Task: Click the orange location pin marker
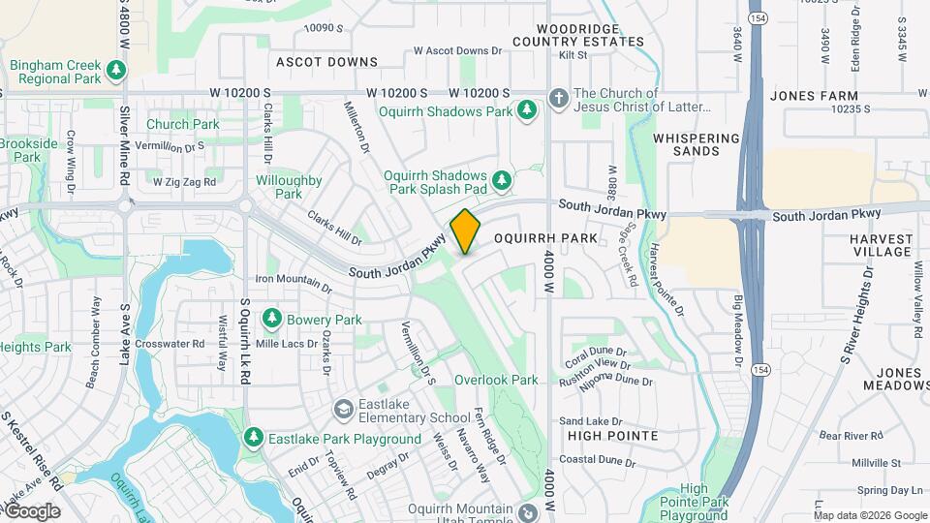tap(465, 231)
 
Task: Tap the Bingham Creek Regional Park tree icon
tap(116, 70)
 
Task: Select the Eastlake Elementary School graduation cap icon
tap(342, 411)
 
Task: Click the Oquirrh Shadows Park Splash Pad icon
tap(501, 178)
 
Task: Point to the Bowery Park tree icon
tap(272, 319)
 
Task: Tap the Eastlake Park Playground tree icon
tap(253, 439)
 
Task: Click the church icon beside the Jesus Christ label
tap(558, 97)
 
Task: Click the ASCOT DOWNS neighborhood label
tap(326, 62)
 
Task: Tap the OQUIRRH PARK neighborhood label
tap(542, 237)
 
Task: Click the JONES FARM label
tap(814, 96)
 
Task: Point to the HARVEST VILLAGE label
tap(882, 245)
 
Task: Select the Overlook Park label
tap(496, 380)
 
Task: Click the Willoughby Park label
tap(289, 187)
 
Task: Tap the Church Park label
tap(183, 124)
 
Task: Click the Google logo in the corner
tap(31, 510)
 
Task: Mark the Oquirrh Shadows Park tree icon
tap(527, 110)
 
